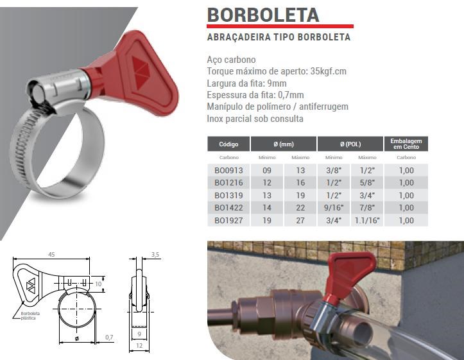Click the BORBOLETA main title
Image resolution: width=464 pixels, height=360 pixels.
click(263, 15)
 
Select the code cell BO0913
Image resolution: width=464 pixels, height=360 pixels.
click(228, 171)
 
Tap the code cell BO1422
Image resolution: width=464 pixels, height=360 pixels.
click(228, 208)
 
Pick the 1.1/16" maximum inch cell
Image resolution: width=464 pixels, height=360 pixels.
click(367, 220)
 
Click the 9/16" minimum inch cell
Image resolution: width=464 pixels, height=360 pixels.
click(334, 208)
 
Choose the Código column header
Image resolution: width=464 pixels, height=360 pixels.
click(228, 144)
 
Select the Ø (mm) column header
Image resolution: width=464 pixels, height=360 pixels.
click(284, 144)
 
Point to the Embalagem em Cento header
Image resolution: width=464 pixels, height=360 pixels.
click(406, 144)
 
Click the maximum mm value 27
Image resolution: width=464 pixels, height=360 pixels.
click(300, 220)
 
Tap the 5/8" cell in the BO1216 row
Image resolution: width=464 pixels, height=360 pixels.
click(367, 183)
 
